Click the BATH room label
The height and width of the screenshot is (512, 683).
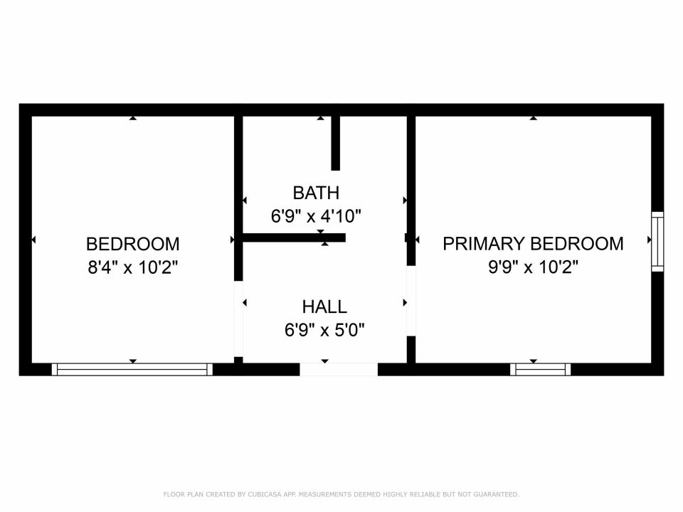point(316,193)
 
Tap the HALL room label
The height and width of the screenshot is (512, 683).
point(324,307)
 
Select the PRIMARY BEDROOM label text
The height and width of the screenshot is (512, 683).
point(533,244)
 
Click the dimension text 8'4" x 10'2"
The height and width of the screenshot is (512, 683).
point(133,267)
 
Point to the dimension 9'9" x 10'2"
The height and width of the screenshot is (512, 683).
point(533,267)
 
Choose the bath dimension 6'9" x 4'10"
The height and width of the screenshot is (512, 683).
point(316,216)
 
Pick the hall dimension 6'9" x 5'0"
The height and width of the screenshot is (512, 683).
point(324,330)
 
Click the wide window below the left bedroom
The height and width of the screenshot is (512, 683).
point(132,370)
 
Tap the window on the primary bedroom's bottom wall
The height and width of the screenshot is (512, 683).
point(540,370)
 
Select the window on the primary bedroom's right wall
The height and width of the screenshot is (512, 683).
point(657,242)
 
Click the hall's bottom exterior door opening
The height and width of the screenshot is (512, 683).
point(339,369)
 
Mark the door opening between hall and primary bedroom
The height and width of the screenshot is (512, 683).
point(411,301)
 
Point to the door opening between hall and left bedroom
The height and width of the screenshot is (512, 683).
point(238,319)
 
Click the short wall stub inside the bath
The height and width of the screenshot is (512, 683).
point(335,143)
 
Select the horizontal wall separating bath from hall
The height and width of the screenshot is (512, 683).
point(294,238)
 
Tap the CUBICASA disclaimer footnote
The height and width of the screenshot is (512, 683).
point(341,494)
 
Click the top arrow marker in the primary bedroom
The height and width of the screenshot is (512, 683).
point(533,118)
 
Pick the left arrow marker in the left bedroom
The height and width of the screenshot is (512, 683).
point(33,240)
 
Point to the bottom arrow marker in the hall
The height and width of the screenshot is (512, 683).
point(325,361)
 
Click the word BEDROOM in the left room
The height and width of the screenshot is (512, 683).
point(133,244)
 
